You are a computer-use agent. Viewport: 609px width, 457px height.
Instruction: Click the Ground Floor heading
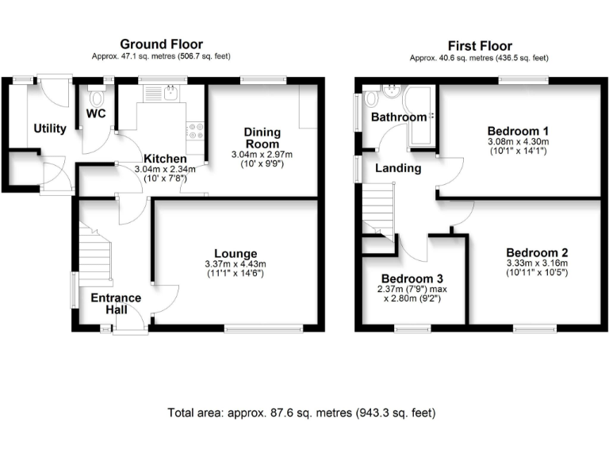pyautogui.click(x=161, y=44)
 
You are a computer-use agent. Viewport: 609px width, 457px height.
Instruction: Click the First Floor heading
pyautogui.click(x=480, y=46)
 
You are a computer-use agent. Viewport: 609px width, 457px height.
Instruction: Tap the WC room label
pyautogui.click(x=96, y=113)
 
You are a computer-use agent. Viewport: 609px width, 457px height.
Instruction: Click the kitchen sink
pyautogui.click(x=171, y=94)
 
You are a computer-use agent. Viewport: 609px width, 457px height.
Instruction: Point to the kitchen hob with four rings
pyautogui.click(x=194, y=131)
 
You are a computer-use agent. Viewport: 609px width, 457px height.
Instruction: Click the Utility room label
pyautogui.click(x=50, y=129)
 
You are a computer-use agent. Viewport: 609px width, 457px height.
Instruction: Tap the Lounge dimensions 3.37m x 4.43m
pyautogui.click(x=236, y=264)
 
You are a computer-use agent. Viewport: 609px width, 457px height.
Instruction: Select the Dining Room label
pyautogui.click(x=262, y=137)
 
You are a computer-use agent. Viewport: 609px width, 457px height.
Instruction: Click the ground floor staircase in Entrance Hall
pyautogui.click(x=95, y=254)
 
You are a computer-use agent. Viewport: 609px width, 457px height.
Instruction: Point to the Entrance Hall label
pyautogui.click(x=116, y=304)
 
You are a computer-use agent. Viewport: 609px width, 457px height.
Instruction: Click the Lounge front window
pyautogui.click(x=264, y=328)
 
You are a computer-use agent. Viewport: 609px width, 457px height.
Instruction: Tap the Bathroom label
pyautogui.click(x=399, y=117)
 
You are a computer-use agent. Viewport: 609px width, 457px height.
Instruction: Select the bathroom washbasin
pyautogui.click(x=391, y=92)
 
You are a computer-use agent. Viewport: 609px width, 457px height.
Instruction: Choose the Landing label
pyautogui.click(x=398, y=168)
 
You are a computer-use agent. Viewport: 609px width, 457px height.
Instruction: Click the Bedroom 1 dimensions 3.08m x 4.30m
pyautogui.click(x=518, y=141)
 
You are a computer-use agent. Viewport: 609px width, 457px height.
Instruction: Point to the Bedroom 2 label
pyautogui.click(x=537, y=252)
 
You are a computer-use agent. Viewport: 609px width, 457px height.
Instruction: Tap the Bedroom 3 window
pyautogui.click(x=412, y=328)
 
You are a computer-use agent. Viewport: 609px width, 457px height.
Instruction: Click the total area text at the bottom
pyautogui.click(x=301, y=413)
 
